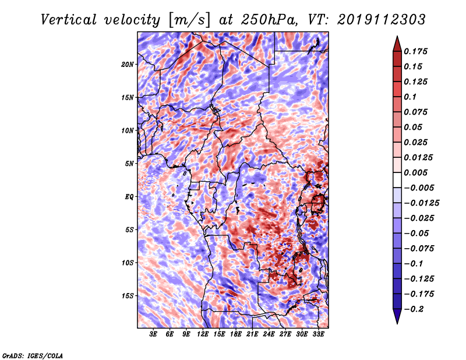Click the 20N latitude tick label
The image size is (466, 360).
click(128, 65)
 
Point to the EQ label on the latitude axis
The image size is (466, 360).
click(129, 197)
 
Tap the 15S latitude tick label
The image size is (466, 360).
click(128, 296)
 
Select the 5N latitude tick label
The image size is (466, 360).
click(129, 164)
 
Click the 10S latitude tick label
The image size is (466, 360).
click(128, 263)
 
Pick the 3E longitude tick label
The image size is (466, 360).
click(153, 334)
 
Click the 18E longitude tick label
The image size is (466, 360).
click(236, 334)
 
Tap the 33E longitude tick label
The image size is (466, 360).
click(318, 334)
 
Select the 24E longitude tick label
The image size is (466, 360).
click(269, 334)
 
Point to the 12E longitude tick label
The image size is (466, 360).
click(203, 334)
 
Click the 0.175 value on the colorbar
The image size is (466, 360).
click(415, 51)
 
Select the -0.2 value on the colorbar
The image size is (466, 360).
click(414, 309)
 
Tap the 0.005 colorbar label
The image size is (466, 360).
click(415, 172)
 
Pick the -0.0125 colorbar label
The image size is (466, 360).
click(421, 203)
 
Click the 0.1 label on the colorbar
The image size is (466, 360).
click(410, 97)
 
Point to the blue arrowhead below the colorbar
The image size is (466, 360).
click(397, 316)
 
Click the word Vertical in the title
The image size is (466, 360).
click(69, 20)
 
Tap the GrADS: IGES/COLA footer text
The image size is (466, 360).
click(33, 356)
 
